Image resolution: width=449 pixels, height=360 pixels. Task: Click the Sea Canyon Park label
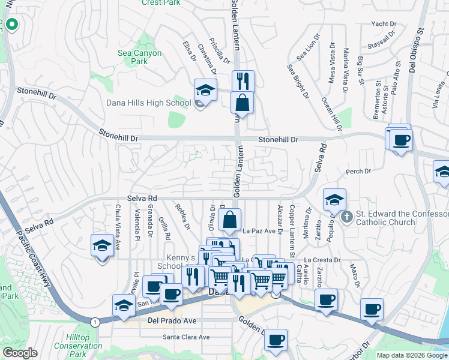(x=139, y=57)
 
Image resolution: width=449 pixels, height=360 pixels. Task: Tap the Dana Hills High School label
(x=148, y=103)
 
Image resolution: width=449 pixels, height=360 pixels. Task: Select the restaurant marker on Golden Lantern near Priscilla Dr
(x=243, y=81)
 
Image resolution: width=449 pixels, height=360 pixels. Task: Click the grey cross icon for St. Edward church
(x=346, y=217)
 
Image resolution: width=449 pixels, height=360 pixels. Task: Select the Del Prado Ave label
(x=172, y=321)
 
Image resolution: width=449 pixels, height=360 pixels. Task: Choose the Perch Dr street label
(x=358, y=172)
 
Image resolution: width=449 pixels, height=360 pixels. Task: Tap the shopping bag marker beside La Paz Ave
(x=230, y=220)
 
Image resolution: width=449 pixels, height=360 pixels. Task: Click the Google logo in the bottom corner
(x=20, y=353)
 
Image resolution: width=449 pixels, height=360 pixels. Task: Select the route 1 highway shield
(x=95, y=322)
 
